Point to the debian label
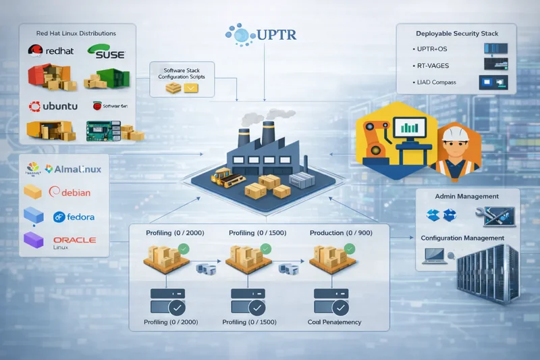click(x=70, y=192)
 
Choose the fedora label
click(x=74, y=217)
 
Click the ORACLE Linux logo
click(x=74, y=242)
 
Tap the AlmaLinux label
click(x=72, y=169)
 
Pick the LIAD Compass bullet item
click(x=437, y=82)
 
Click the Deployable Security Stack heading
click(x=456, y=32)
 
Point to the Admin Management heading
click(x=467, y=197)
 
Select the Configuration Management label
click(x=462, y=238)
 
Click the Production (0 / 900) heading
click(x=342, y=233)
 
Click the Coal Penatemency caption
click(x=334, y=322)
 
